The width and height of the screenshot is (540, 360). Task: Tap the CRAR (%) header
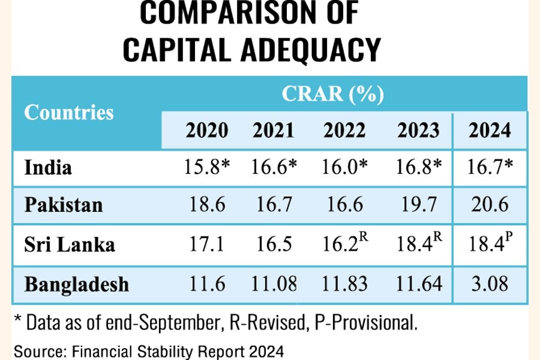(333, 94)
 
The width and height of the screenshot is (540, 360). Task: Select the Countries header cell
(69, 112)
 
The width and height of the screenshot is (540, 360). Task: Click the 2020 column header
(207, 130)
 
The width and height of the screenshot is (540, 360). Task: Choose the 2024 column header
(490, 130)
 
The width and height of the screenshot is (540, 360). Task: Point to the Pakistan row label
(64, 205)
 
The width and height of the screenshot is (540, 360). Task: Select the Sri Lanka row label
(70, 244)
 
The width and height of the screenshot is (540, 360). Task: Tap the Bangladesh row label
(77, 283)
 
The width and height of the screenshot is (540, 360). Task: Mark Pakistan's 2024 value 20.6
(490, 205)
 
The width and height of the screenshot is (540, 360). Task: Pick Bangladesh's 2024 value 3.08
(490, 283)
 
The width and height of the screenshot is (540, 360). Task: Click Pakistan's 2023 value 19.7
(419, 205)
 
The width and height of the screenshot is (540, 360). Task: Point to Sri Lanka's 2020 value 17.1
(206, 244)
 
